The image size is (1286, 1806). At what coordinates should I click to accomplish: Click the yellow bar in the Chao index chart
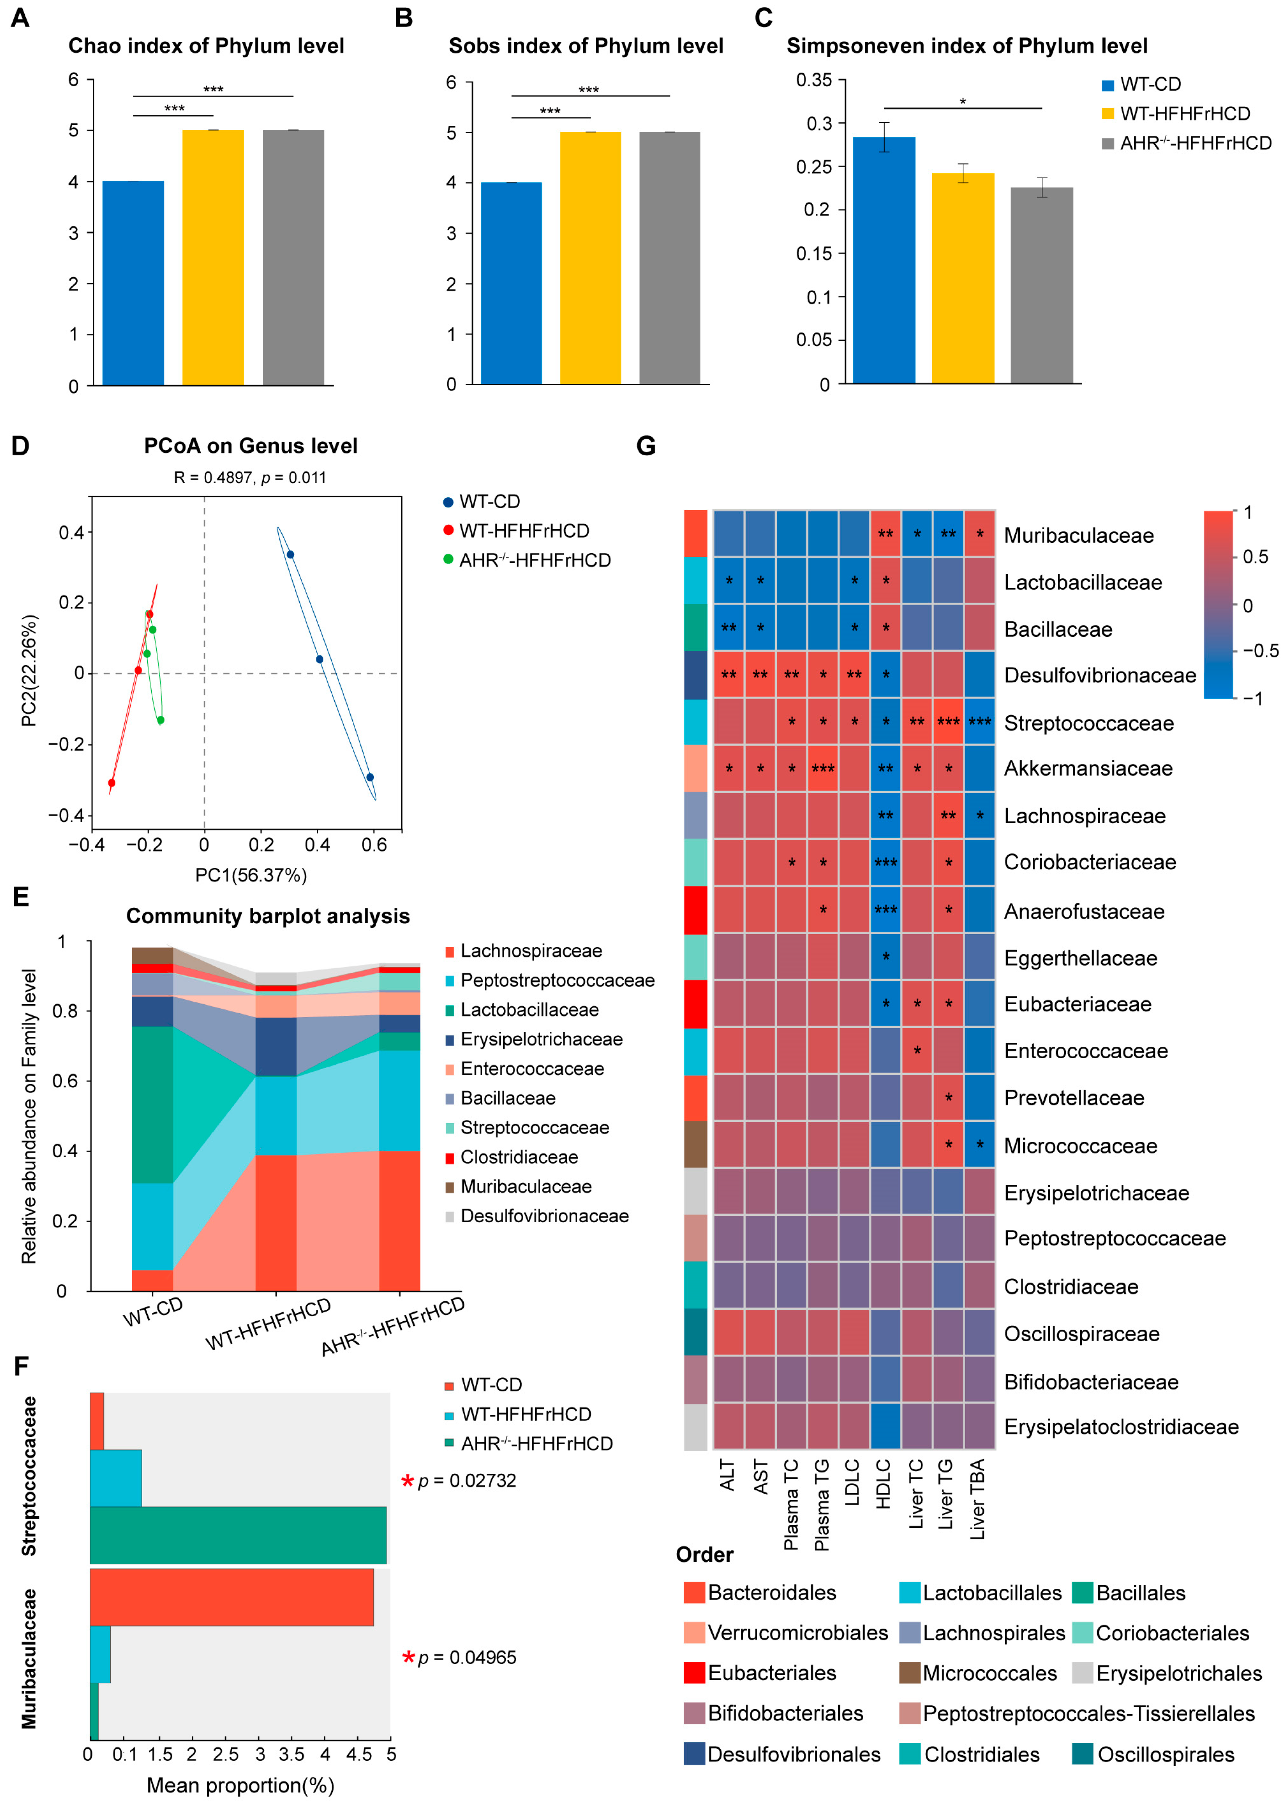213,257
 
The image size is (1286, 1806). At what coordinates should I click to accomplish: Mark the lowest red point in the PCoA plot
112,783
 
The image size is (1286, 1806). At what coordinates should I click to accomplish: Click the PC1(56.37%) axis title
251,875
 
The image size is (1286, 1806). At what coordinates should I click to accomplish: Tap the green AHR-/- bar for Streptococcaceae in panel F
238,1535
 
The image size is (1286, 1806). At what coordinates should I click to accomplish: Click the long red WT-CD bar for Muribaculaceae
231,1597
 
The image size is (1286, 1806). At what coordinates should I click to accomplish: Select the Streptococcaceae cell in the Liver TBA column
979,721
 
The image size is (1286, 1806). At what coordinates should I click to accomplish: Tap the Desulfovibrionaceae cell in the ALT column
729,674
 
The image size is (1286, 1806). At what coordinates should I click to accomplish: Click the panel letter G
646,447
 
